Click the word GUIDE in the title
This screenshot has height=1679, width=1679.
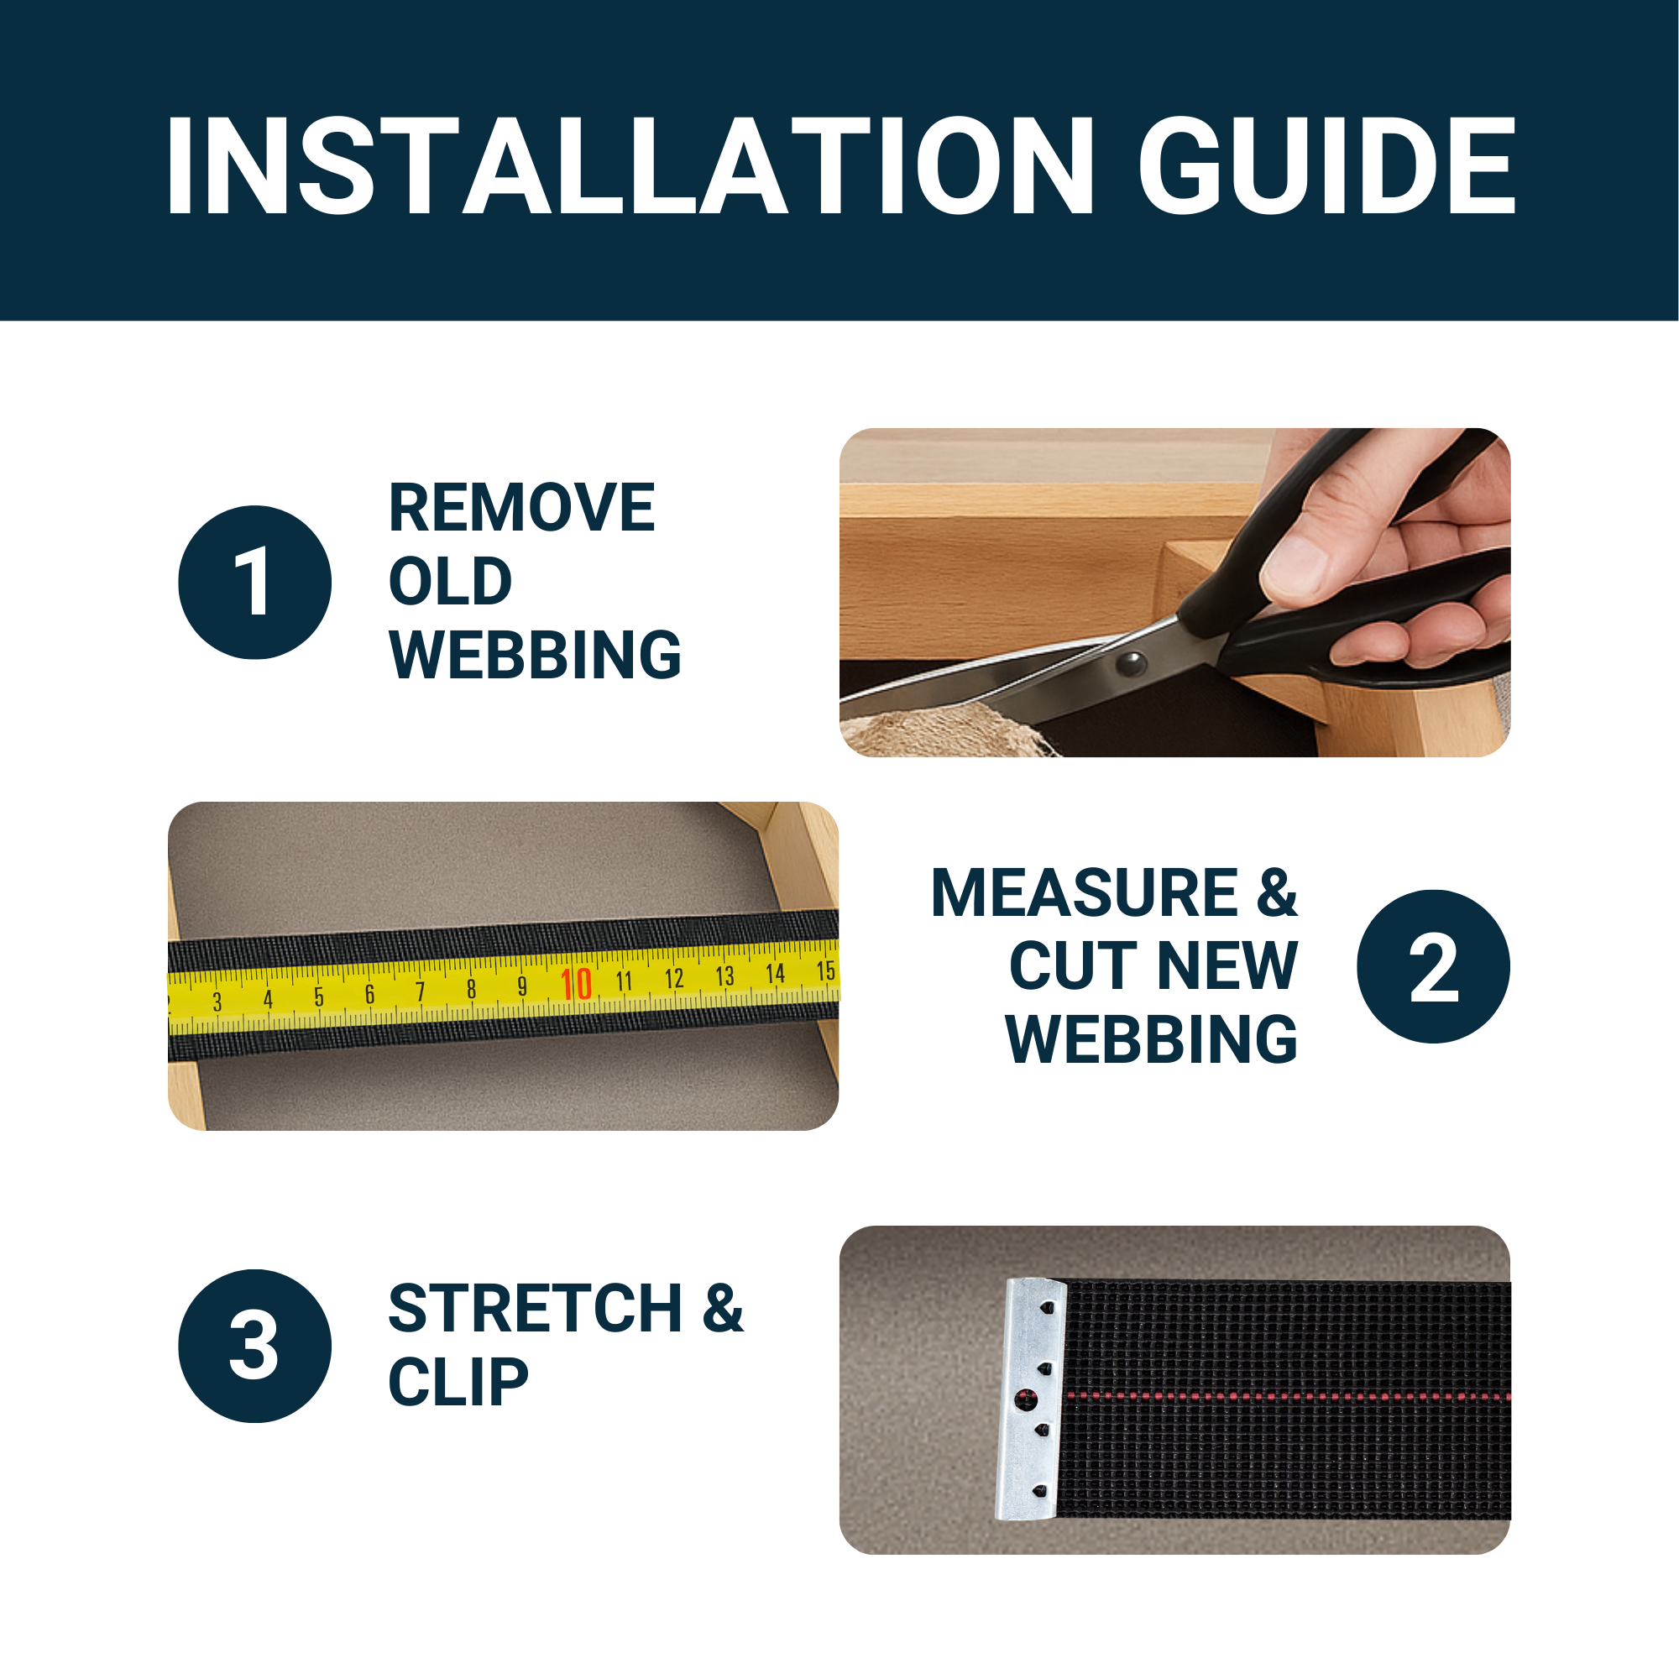click(x=1328, y=165)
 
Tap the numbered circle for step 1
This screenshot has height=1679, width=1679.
click(x=254, y=583)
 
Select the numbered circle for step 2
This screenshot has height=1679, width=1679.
click(x=1433, y=966)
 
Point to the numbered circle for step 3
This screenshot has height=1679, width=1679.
click(x=254, y=1347)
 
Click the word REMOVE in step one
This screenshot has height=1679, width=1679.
click(x=521, y=508)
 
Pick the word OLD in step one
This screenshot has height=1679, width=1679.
click(x=450, y=582)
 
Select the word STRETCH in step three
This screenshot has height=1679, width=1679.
click(x=536, y=1309)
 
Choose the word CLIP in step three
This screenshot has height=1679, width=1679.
click(x=458, y=1382)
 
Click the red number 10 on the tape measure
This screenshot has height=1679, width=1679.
click(x=576, y=985)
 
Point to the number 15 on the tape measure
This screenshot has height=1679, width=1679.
click(x=825, y=970)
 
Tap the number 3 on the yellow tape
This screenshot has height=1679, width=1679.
click(x=217, y=1002)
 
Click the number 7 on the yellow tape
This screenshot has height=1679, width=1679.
click(x=421, y=991)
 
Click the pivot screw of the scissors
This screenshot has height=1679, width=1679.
click(x=1131, y=666)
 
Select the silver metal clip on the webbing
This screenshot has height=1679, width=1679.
click(x=1031, y=1399)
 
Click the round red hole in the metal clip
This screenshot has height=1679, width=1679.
click(x=1027, y=1400)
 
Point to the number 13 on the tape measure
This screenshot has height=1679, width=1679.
click(x=724, y=976)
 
